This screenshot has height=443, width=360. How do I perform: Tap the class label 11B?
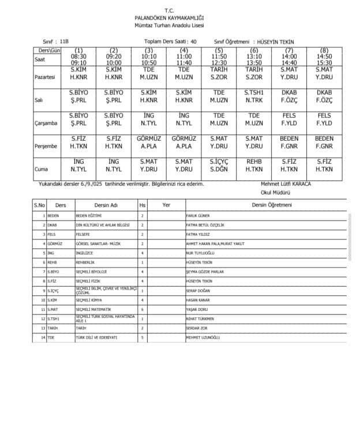coord(63,42)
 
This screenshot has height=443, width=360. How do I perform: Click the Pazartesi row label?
coord(46,76)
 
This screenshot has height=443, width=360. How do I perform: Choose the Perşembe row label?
coord(46,146)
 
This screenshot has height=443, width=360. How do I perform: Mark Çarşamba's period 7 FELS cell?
coord(289,119)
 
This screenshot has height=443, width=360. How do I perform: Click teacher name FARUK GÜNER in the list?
coord(199,215)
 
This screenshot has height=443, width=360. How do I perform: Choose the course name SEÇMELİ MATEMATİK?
coord(93,310)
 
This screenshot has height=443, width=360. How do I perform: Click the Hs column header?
coord(142,205)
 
